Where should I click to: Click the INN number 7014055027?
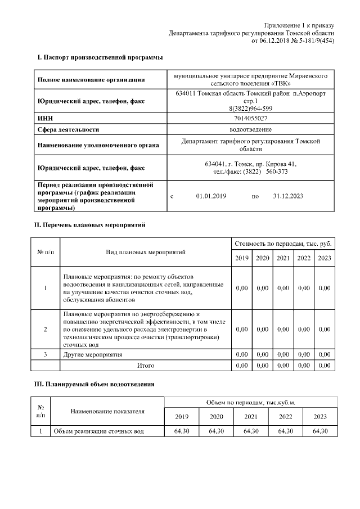(x=250, y=119)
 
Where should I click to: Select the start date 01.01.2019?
(x=211, y=196)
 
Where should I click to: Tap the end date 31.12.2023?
(x=288, y=196)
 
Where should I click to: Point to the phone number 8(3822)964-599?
(x=250, y=109)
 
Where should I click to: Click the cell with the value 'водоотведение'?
(x=250, y=129)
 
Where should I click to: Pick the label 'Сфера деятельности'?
(x=68, y=129)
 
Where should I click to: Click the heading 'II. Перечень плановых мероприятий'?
(x=91, y=225)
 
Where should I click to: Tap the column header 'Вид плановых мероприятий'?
(x=146, y=252)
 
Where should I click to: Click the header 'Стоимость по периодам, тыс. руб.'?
(x=283, y=244)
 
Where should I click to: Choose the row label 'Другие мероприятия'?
(x=93, y=355)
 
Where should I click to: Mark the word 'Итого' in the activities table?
(x=146, y=366)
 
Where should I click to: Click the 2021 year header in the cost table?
(x=283, y=258)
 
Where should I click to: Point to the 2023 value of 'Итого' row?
(x=325, y=366)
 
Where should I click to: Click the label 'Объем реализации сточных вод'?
(x=99, y=431)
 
